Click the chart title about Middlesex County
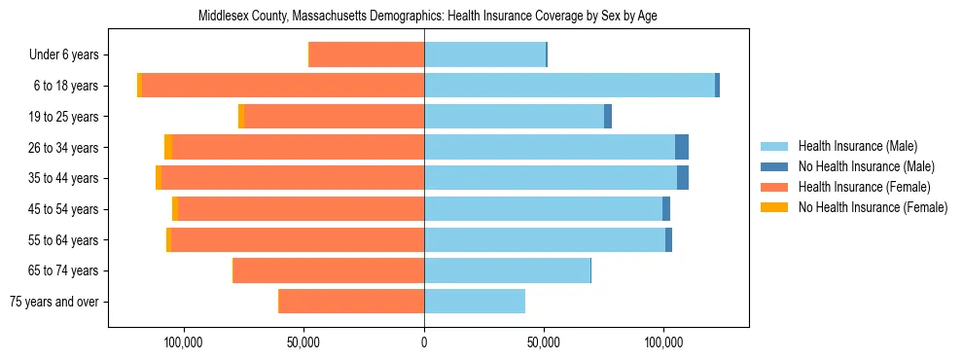pyautogui.click(x=428, y=17)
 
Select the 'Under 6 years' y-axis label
pyautogui.click(x=69, y=54)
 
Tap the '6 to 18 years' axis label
pyautogui.click(x=65, y=86)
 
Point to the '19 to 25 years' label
pyautogui.click(x=63, y=117)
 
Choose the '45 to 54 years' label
pyautogui.click(x=63, y=209)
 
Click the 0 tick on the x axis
pyautogui.click(x=424, y=342)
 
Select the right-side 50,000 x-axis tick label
pyautogui.click(x=544, y=342)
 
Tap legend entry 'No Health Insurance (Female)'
pyautogui.click(x=873, y=207)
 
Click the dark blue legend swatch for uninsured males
pyautogui.click(x=774, y=166)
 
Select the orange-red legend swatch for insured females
pyautogui.click(x=774, y=187)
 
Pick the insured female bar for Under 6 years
pyautogui.click(x=367, y=54)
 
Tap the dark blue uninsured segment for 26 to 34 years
pyautogui.click(x=682, y=147)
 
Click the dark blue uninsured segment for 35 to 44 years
pyautogui.click(x=683, y=178)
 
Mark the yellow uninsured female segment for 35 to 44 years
pyautogui.click(x=159, y=178)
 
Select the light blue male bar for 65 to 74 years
pyautogui.click(x=507, y=270)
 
